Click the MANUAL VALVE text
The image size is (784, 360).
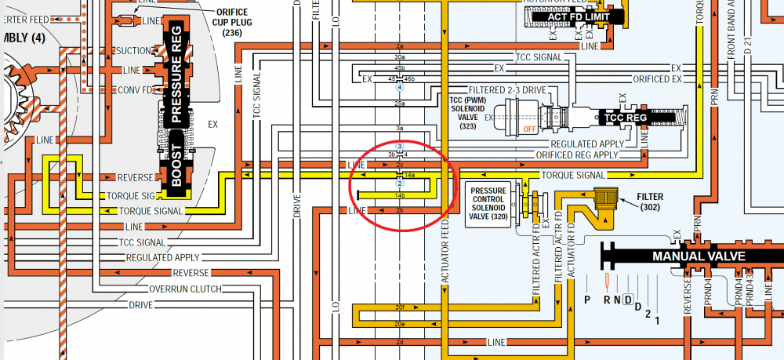tap(699, 256)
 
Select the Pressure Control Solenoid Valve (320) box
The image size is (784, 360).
tap(488, 206)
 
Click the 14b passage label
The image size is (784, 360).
tap(400, 195)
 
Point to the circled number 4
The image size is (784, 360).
tap(400, 88)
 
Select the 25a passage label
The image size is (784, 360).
tap(400, 104)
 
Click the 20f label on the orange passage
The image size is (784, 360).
tap(400, 307)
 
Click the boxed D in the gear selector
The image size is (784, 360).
tap(627, 299)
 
